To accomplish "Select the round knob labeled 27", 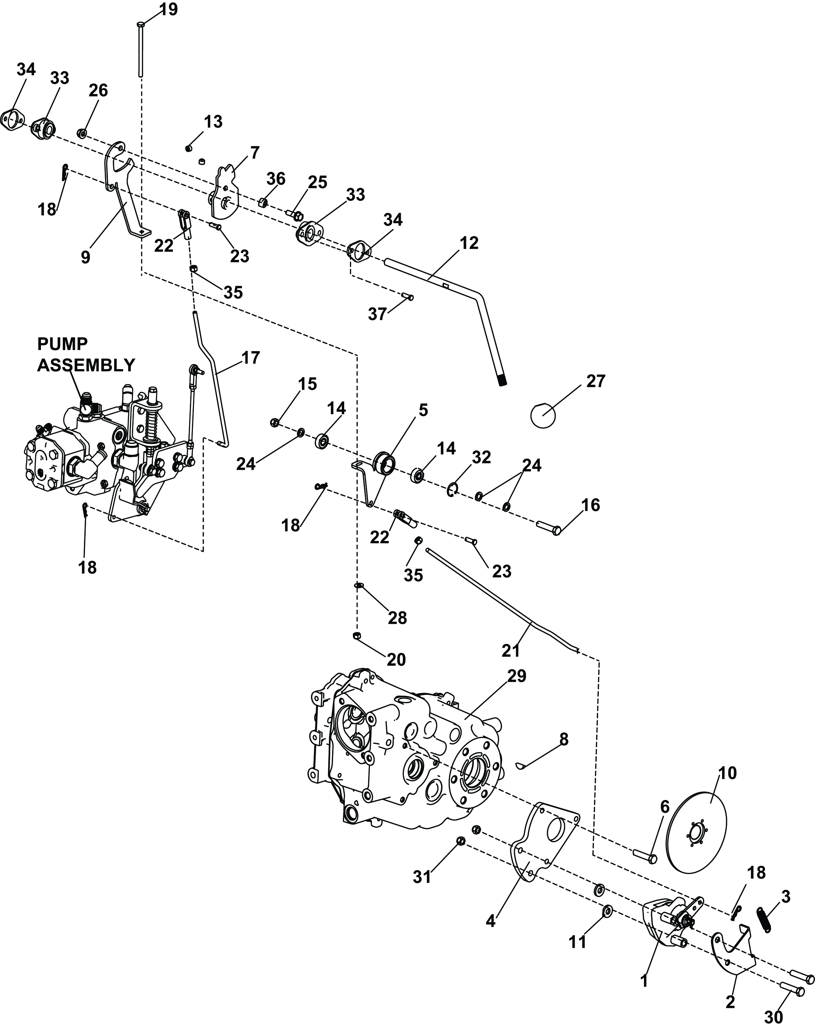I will coord(543,415).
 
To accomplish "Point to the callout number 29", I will coord(517,676).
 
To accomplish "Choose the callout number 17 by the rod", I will coord(251,357).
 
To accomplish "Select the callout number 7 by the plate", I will coord(254,153).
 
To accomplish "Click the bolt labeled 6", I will coord(645,856).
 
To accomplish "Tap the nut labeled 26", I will coord(82,132).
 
